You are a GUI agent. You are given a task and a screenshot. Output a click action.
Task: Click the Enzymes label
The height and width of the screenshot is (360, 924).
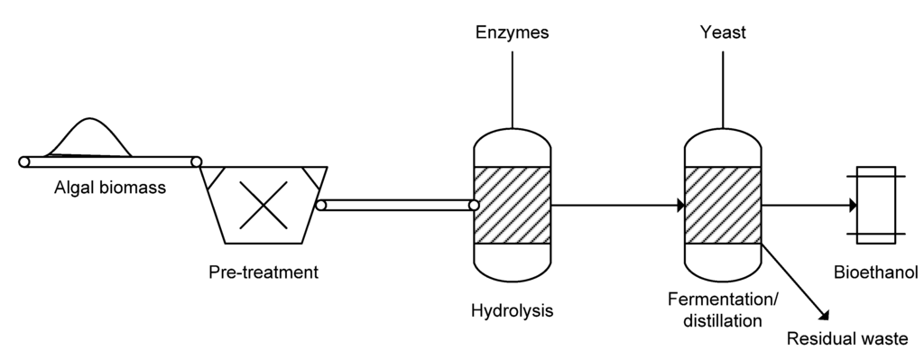(512, 34)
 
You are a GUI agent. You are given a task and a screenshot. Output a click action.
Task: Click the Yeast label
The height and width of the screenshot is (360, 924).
(722, 34)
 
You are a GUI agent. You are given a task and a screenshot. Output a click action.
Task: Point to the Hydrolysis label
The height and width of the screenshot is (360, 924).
(512, 311)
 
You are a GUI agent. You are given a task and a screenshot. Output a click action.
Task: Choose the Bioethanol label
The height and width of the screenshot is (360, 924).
(875, 272)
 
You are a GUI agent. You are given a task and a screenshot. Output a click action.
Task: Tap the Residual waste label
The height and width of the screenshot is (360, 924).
(846, 340)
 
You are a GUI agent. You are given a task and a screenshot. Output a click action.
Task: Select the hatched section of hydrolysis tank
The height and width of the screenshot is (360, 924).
(512, 205)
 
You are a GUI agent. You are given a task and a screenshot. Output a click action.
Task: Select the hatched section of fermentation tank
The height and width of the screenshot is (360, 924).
(723, 205)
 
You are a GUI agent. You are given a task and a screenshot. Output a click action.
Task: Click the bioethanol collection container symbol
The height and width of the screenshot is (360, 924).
(876, 205)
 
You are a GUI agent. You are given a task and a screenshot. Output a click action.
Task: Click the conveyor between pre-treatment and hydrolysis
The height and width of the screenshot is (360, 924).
(397, 206)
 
